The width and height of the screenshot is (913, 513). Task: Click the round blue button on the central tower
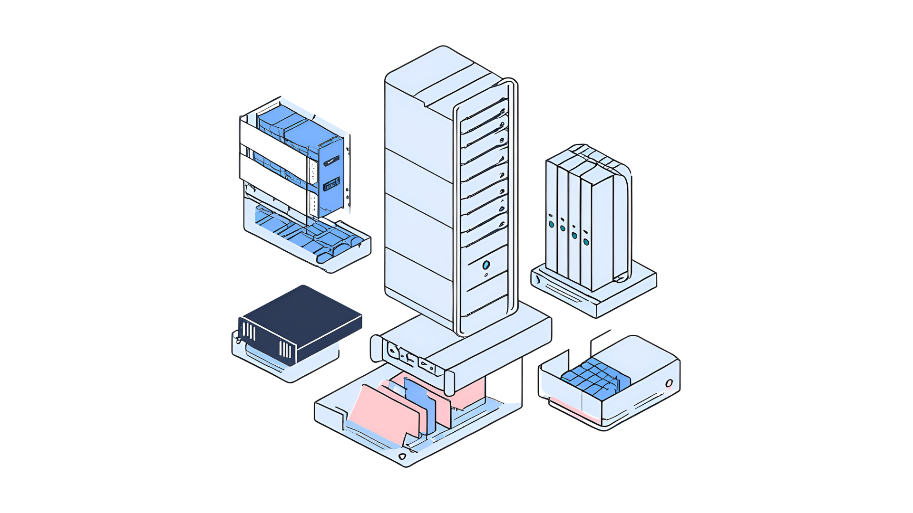tap(486, 265)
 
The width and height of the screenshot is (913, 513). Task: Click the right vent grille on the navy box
tap(285, 350)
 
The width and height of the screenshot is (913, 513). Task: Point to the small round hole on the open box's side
tap(669, 383)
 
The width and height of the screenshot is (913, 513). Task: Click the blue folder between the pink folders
tap(421, 404)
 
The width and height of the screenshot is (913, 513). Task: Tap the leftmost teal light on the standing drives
tap(552, 224)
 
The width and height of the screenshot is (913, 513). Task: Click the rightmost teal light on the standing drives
tap(586, 242)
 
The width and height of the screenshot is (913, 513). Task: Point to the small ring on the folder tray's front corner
tap(402, 456)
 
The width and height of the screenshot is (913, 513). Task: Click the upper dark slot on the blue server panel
tap(331, 161)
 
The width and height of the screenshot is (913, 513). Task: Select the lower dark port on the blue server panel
tap(331, 184)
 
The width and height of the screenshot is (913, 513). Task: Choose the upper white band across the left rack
tap(273, 142)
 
